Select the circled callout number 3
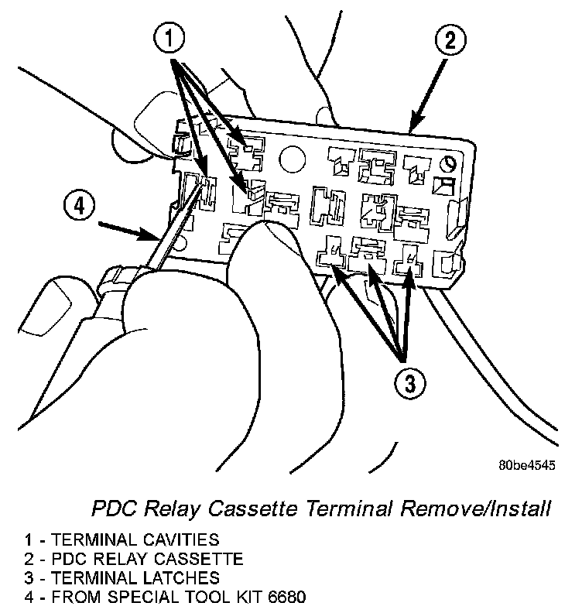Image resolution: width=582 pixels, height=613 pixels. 409,382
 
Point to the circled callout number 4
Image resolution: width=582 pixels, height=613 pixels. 80,206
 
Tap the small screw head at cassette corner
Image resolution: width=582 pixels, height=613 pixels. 447,163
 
